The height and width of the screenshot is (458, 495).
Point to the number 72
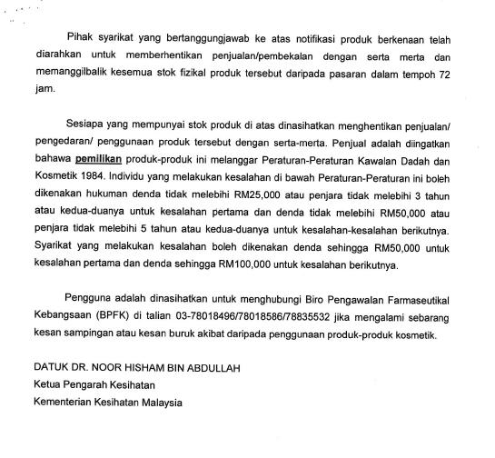coord(469,75)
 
